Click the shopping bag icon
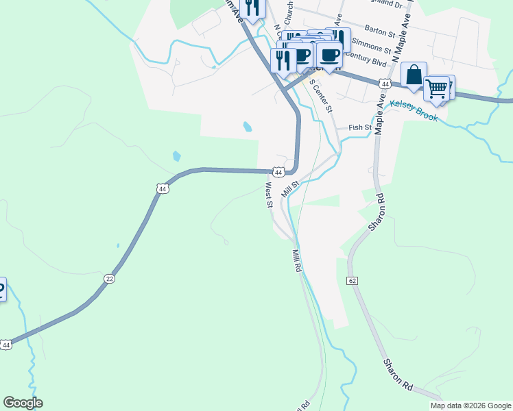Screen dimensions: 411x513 click(414, 75)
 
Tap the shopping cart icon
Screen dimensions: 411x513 click(436, 88)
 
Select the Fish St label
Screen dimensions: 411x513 click(359, 127)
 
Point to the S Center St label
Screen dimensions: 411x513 click(321, 96)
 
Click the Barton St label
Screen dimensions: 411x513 click(381, 32)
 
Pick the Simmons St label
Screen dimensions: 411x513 click(371, 46)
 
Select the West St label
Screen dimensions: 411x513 click(269, 195)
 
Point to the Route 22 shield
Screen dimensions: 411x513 click(109, 278)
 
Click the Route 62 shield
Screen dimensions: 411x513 click(353, 280)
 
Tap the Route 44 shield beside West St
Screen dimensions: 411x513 click(278, 172)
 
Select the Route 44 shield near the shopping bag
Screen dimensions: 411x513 click(385, 84)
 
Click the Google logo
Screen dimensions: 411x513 click(23, 403)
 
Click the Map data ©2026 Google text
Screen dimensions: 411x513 click(470, 406)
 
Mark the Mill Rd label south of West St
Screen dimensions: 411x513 click(297, 261)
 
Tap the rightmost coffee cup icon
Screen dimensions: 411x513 click(330, 55)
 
